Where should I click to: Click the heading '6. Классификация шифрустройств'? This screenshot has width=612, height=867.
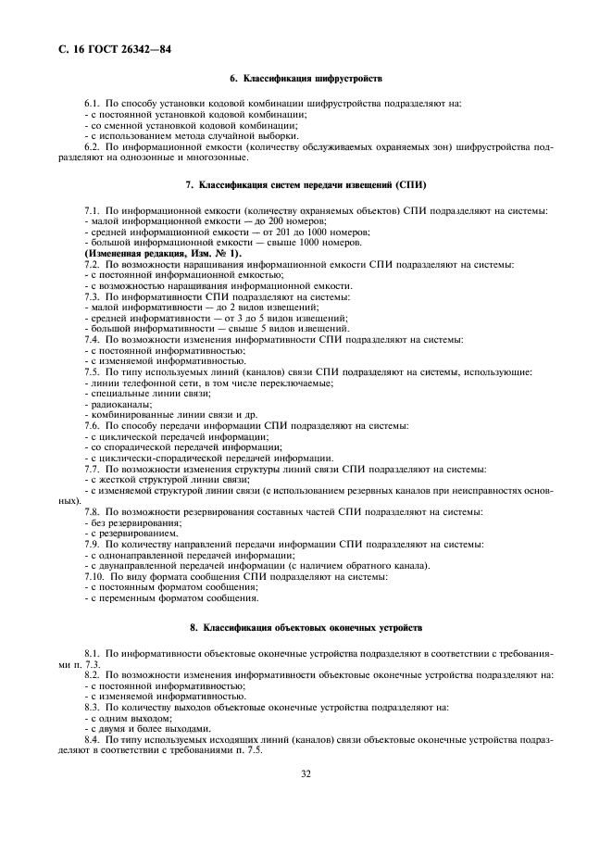(306, 81)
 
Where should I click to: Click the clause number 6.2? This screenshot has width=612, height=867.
(92, 146)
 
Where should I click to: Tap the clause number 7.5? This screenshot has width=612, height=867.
(92, 371)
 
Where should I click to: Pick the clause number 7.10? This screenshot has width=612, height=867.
(94, 575)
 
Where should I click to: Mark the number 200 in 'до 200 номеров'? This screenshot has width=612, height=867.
(244, 221)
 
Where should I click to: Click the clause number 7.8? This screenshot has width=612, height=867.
(92, 511)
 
